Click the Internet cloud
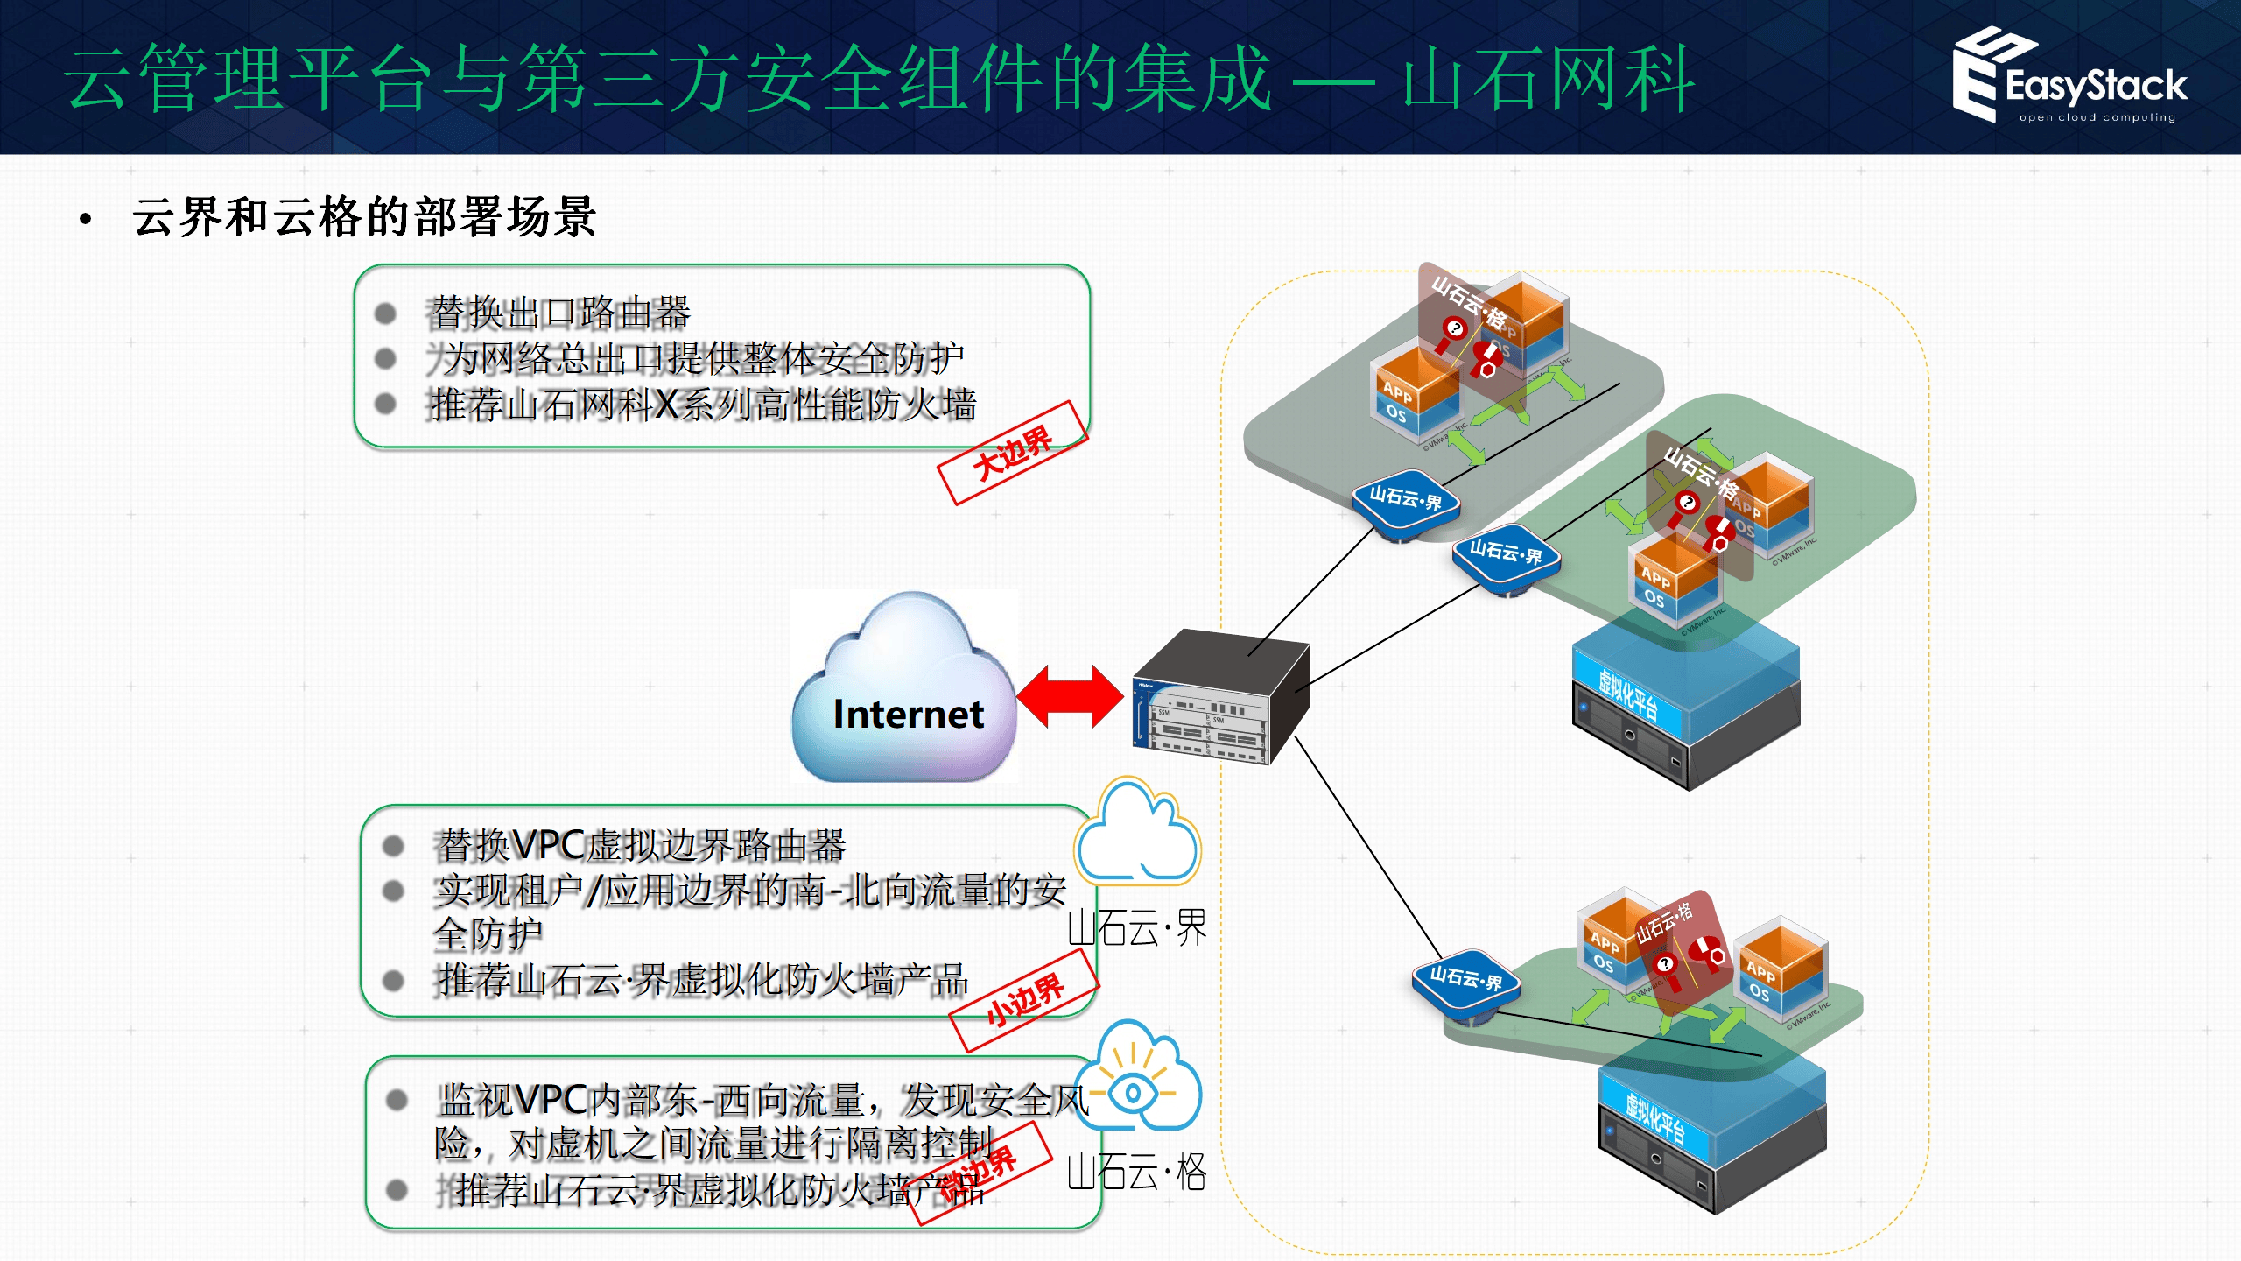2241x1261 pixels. coord(905,692)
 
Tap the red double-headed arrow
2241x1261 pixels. coord(1070,697)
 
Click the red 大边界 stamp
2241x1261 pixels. coord(1012,452)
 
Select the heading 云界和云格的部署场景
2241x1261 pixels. coord(364,217)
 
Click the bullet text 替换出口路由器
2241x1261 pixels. coord(560,313)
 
